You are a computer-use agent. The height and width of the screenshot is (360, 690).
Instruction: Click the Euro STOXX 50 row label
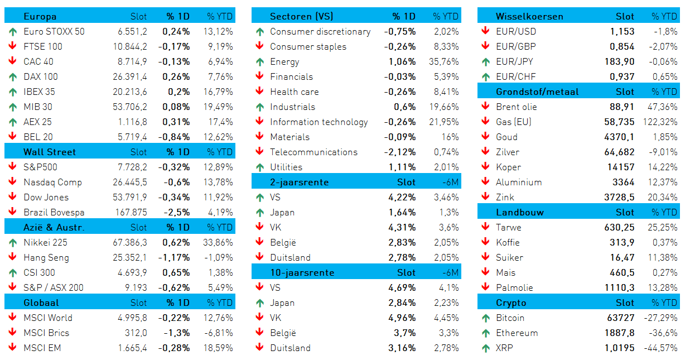54,31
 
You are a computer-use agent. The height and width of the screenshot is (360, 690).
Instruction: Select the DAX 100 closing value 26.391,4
129,77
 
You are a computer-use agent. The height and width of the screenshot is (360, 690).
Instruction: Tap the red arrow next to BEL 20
13,136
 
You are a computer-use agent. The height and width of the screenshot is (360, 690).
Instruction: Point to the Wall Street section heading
50,152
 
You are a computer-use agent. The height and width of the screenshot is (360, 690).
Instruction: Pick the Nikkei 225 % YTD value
218,243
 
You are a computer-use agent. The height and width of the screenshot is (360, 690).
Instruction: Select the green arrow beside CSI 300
13,273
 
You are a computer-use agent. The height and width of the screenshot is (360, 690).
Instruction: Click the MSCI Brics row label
46,333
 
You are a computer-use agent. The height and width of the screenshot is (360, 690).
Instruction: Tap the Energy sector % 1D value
402,61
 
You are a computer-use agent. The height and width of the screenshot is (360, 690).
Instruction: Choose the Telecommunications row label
313,152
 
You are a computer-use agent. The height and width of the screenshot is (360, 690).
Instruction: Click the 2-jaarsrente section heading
299,182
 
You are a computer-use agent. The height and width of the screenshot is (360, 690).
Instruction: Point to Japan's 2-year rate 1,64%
402,212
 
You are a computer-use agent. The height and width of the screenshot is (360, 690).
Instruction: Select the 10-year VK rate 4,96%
402,318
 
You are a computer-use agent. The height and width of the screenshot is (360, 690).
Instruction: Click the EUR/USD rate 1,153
622,31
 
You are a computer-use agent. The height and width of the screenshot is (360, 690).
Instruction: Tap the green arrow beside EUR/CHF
486,77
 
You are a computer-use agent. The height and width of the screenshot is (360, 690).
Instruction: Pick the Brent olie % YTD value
662,107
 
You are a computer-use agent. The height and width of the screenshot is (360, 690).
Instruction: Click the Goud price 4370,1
619,137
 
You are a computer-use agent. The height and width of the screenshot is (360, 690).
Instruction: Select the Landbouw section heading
520,212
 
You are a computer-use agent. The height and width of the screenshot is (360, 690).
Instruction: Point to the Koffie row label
508,243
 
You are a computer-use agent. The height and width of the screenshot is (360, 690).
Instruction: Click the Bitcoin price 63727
621,318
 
